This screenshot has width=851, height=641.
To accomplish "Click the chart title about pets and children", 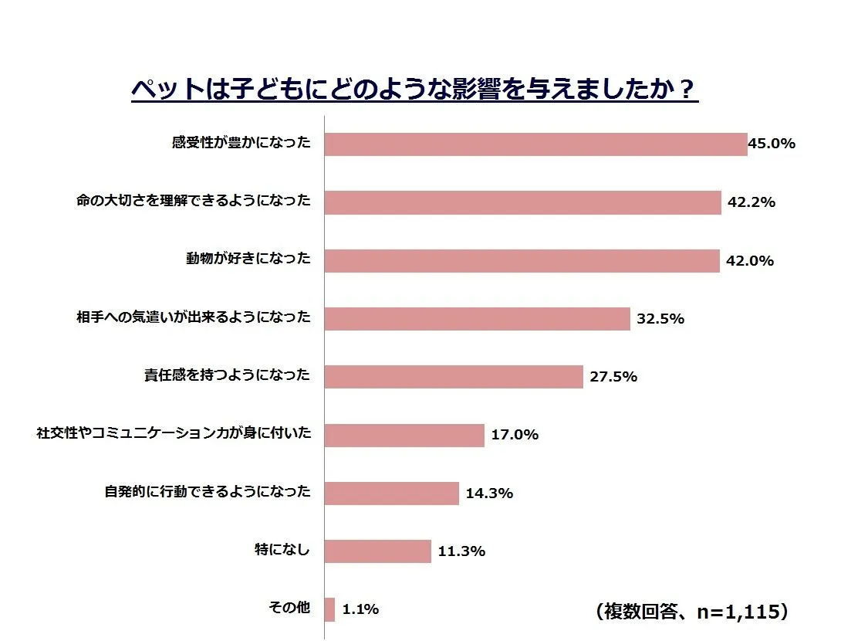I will [x=414, y=89].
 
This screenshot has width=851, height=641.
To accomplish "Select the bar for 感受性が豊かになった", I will [x=535, y=144].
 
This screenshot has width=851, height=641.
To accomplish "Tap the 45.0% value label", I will [x=772, y=144].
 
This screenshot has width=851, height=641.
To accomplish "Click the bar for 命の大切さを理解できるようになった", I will [x=522, y=202].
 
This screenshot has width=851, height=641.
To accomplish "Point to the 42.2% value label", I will [x=751, y=203].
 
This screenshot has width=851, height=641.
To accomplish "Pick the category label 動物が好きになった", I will [x=248, y=259].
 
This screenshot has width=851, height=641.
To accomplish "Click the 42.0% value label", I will [x=749, y=261].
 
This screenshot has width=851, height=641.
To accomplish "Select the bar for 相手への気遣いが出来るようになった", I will [x=477, y=318].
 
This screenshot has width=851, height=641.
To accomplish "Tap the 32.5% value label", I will [x=660, y=318].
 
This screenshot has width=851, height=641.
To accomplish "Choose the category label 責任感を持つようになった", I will [x=227, y=375].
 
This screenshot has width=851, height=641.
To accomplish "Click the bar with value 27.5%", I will [x=453, y=377].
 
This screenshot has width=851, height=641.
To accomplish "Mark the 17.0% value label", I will [x=515, y=435].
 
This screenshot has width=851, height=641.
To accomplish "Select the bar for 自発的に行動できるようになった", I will [x=391, y=493].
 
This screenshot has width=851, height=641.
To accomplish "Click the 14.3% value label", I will [x=489, y=493].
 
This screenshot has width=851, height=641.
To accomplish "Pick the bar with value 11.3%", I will [x=377, y=551].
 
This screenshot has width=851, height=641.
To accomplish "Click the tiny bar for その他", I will [x=329, y=609].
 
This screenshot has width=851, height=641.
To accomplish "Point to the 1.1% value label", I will [x=360, y=609].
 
